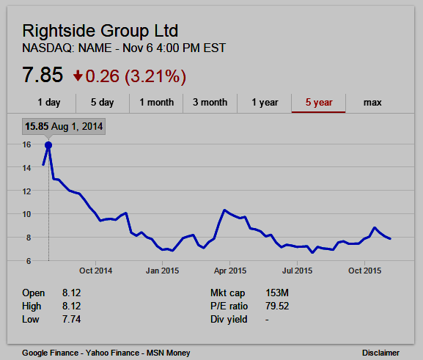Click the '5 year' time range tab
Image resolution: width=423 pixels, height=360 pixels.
click(319, 103)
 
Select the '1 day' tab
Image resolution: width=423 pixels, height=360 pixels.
click(49, 103)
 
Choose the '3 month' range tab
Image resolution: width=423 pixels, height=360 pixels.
click(210, 103)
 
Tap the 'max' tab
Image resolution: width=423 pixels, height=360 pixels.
click(372, 103)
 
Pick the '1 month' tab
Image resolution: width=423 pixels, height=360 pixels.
click(156, 103)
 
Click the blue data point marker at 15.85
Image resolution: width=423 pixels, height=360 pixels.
click(48, 145)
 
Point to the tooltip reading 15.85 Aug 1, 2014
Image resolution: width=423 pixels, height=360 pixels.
click(64, 126)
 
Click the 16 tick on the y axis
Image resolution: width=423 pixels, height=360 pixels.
click(26, 144)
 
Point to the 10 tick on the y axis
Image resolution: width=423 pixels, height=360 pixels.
click(26, 214)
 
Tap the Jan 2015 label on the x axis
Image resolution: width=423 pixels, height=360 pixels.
click(163, 271)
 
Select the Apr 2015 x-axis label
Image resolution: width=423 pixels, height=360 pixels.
click(230, 271)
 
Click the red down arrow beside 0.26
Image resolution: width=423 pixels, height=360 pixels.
click(78, 76)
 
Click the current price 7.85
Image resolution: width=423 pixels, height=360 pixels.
click(43, 75)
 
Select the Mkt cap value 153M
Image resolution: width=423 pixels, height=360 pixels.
click(277, 293)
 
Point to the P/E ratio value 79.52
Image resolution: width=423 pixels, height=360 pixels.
click(277, 306)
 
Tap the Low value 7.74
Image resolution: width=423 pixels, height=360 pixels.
click(72, 319)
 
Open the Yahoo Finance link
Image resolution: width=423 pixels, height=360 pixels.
click(112, 353)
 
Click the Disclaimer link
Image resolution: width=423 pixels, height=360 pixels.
click(380, 353)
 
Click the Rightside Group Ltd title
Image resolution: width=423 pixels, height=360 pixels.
click(100, 31)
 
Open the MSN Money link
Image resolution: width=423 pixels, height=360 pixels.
click(169, 353)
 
